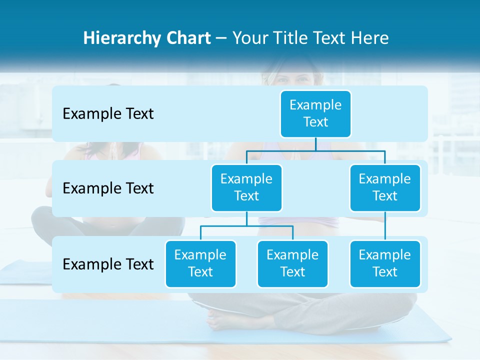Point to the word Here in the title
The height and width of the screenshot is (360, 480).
(x=369, y=38)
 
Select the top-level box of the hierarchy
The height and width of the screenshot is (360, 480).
(x=315, y=113)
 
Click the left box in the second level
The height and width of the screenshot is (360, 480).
(x=246, y=187)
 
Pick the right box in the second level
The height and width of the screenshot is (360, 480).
(x=385, y=187)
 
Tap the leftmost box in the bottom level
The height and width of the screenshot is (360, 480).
(x=200, y=263)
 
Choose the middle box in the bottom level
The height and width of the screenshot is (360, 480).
(x=292, y=263)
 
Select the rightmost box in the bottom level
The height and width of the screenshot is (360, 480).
(x=385, y=263)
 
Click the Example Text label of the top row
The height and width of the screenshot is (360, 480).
(x=108, y=114)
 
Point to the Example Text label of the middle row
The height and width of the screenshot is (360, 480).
(x=108, y=188)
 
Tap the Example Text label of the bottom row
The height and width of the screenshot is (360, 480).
(x=108, y=264)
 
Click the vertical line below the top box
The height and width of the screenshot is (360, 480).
(x=315, y=144)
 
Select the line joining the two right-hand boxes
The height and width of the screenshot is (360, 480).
(x=385, y=226)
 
